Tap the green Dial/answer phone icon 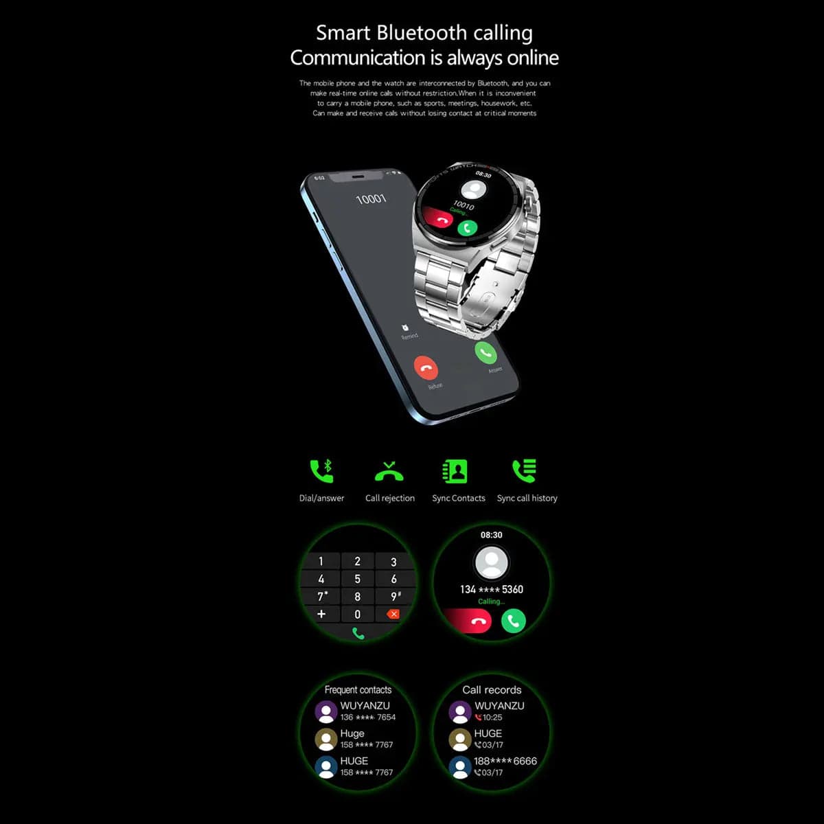tap(321, 470)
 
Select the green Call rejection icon tap(389, 472)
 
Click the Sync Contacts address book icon tap(455, 471)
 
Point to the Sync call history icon tap(525, 470)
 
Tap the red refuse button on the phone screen tap(426, 368)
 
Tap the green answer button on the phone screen tap(485, 352)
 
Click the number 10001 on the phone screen tap(371, 199)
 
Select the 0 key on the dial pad tap(357, 615)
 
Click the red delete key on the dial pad tap(393, 614)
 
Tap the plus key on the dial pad tap(321, 614)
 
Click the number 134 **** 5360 tap(492, 589)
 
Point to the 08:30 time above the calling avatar tap(491, 535)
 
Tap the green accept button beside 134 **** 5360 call tap(513, 621)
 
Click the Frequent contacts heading tap(358, 689)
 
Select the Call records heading tap(492, 689)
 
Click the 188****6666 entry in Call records tap(505, 761)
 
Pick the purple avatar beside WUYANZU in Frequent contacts tap(325, 711)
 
